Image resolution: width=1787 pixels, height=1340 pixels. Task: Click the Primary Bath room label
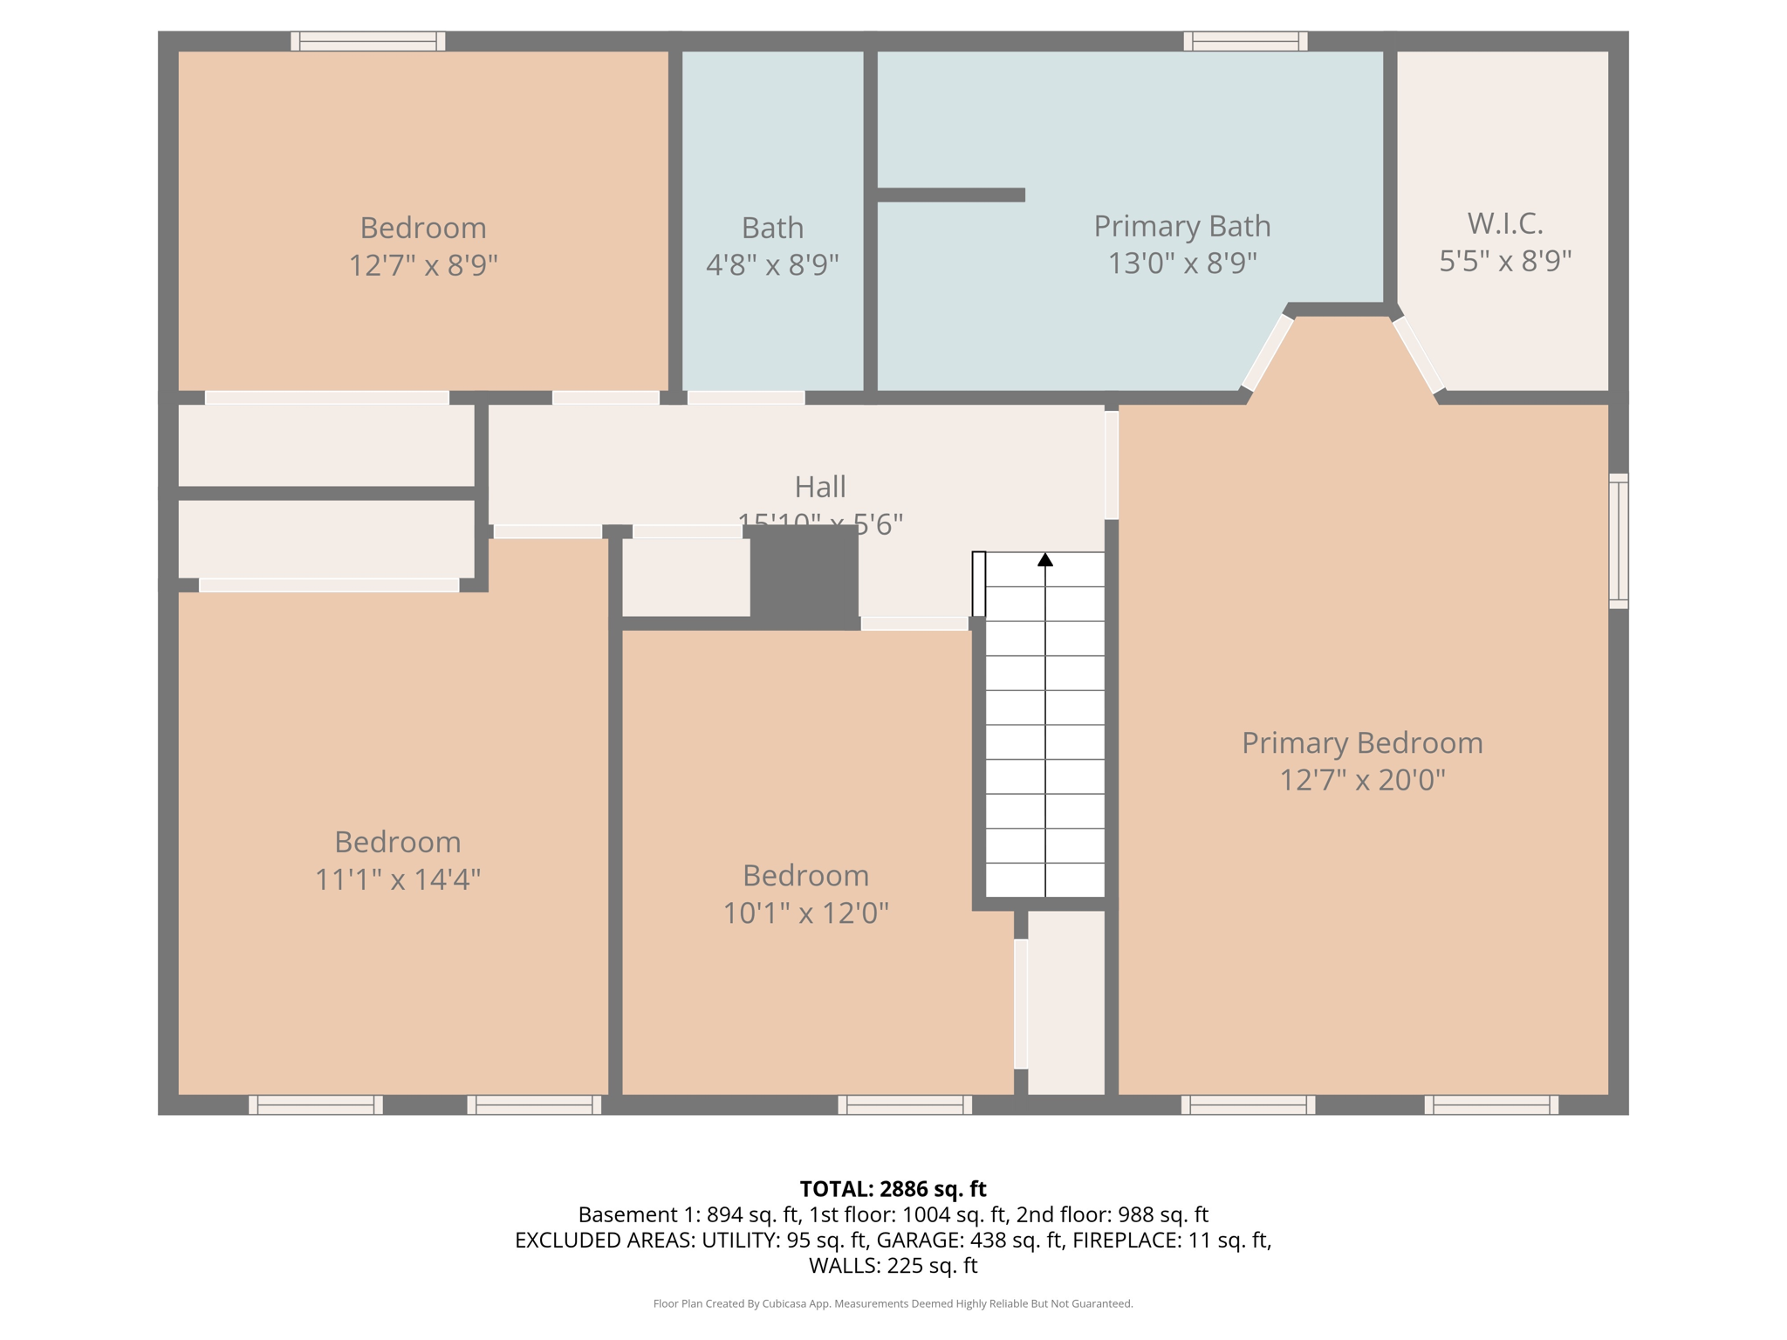tap(1181, 226)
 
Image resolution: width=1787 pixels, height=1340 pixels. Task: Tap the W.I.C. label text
tap(1504, 223)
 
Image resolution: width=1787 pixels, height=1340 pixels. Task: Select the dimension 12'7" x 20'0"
tap(1362, 779)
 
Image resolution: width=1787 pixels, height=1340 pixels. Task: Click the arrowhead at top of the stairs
tap(1044, 559)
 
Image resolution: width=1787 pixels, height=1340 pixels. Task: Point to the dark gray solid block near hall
tap(804, 576)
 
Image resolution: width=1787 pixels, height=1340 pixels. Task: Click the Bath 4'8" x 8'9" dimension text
tap(772, 264)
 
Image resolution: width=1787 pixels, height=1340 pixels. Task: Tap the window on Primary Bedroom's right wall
tap(1618, 541)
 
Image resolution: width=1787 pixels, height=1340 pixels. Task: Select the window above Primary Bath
tap(1245, 41)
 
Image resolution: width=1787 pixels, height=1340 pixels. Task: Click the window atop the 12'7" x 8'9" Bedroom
tap(367, 41)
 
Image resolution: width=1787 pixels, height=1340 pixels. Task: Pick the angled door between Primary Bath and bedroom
tap(1267, 352)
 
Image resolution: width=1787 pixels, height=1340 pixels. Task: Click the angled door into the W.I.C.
tap(1418, 355)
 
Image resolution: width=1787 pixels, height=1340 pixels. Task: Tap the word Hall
tap(819, 486)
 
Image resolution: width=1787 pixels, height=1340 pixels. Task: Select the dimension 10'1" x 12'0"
tap(805, 913)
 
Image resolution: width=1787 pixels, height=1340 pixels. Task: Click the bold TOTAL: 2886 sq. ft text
tap(893, 1188)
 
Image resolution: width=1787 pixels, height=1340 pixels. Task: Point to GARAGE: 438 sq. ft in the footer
tap(969, 1240)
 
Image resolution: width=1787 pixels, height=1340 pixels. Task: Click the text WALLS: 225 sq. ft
tap(893, 1265)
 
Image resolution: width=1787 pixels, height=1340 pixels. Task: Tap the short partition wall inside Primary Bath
tap(950, 195)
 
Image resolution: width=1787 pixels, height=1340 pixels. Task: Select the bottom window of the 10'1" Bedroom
tap(905, 1104)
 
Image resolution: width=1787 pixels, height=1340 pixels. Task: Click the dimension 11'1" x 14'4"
tap(397, 879)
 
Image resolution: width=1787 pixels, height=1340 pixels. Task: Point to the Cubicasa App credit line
tap(893, 1303)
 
